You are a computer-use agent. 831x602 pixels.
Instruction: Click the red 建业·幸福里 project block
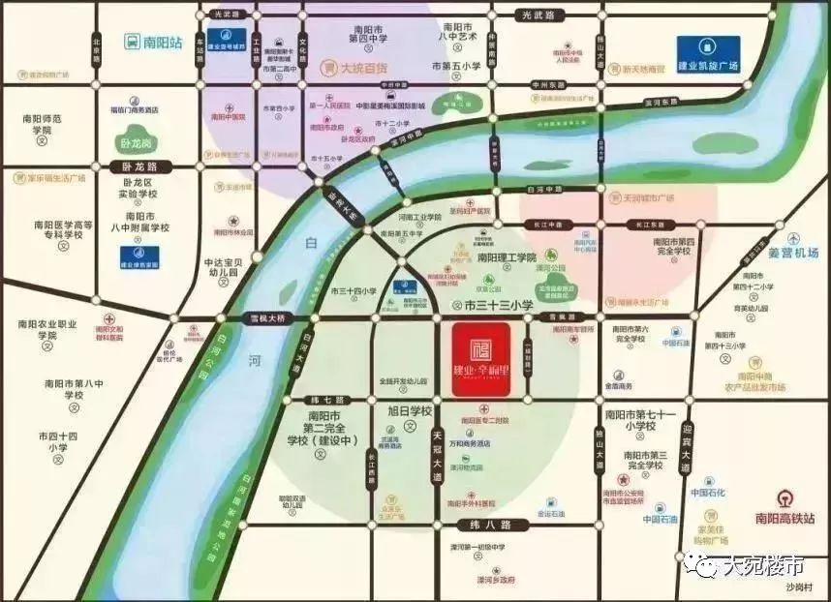480,358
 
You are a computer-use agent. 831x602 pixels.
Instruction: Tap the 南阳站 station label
155,42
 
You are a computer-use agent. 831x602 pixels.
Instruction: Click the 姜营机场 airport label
793,253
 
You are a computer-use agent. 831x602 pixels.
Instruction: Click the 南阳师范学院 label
42,124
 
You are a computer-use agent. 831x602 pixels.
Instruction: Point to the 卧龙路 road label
139,166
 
